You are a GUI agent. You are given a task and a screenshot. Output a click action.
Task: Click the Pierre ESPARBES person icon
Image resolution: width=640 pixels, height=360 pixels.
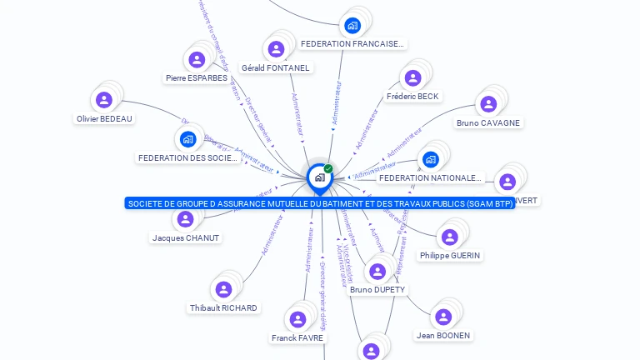tap(197, 59)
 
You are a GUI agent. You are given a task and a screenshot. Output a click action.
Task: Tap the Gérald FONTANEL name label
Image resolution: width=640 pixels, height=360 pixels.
tap(275, 67)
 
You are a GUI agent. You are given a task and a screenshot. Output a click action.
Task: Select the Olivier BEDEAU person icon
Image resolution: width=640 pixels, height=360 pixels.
tap(104, 100)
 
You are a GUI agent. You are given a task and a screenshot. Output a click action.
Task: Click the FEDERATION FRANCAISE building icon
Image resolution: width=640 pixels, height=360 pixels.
tap(352, 25)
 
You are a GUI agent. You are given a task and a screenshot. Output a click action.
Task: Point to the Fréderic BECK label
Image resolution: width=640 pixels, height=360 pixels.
tap(412, 97)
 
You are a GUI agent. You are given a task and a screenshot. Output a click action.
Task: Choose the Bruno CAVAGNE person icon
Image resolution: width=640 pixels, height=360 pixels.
tap(488, 104)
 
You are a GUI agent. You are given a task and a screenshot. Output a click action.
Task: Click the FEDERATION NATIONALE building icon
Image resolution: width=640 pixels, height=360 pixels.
tap(430, 158)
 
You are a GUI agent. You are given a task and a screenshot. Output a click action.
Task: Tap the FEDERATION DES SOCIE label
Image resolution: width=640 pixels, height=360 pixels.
tap(188, 158)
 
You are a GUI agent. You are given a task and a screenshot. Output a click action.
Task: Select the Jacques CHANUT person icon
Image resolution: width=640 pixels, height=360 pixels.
tap(185, 219)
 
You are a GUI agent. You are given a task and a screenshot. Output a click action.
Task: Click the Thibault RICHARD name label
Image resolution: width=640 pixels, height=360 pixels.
tap(223, 307)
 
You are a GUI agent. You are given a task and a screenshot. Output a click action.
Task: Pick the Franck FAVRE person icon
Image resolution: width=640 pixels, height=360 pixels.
tap(297, 319)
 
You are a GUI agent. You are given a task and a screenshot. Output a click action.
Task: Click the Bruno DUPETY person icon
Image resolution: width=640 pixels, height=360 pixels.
tap(377, 272)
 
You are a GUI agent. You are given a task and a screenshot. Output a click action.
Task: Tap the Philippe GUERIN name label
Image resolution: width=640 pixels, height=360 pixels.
tap(450, 255)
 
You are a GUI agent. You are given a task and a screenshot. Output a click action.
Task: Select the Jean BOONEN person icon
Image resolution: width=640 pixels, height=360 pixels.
tap(443, 317)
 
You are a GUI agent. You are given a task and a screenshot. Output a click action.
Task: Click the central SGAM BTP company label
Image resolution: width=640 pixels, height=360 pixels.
tap(320, 203)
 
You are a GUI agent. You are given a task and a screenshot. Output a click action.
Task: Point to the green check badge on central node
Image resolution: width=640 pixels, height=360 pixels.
tap(328, 169)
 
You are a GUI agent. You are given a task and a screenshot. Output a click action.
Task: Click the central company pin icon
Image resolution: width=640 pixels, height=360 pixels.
tap(319, 177)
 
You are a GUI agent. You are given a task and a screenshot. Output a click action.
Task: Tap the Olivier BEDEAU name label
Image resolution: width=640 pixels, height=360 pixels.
tap(104, 118)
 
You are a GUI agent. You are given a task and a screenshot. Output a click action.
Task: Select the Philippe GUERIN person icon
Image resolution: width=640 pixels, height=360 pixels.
tap(450, 237)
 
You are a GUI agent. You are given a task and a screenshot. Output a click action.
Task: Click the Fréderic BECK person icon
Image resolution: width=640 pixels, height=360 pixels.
tap(412, 78)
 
